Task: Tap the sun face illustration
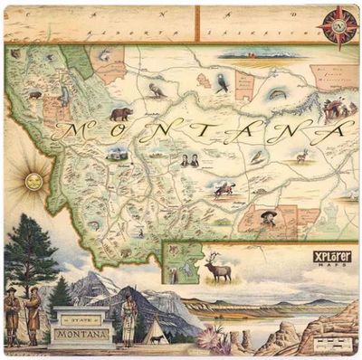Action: (33, 181)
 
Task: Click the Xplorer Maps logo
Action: (331, 257)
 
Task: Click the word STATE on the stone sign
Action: (81, 318)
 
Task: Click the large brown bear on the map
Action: (119, 114)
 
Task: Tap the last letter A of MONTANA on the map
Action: (336, 128)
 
